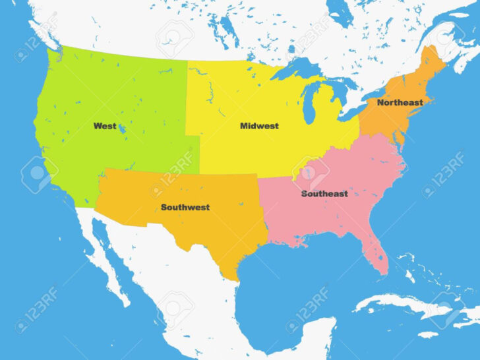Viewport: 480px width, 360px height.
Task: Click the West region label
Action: pyautogui.click(x=105, y=125)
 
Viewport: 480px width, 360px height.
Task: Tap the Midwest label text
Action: pyautogui.click(x=259, y=125)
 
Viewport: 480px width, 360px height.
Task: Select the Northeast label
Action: pyautogui.click(x=400, y=103)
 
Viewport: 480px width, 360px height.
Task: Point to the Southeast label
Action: pyautogui.click(x=324, y=194)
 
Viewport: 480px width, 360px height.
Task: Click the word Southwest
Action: pyautogui.click(x=185, y=207)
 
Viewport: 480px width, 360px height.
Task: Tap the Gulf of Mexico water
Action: pyautogui.click(x=297, y=277)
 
